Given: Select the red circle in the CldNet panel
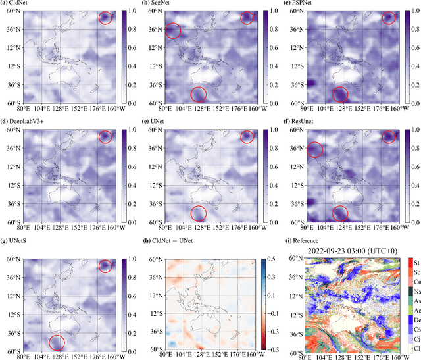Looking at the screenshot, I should tap(105, 18).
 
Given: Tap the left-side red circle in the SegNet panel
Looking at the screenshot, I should tap(172, 31).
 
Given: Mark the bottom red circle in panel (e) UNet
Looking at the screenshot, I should tap(198, 213).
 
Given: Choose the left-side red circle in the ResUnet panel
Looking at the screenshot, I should tap(315, 150).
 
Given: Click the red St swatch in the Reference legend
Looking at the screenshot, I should tap(410, 263).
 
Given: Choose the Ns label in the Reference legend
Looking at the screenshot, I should tap(417, 297).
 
